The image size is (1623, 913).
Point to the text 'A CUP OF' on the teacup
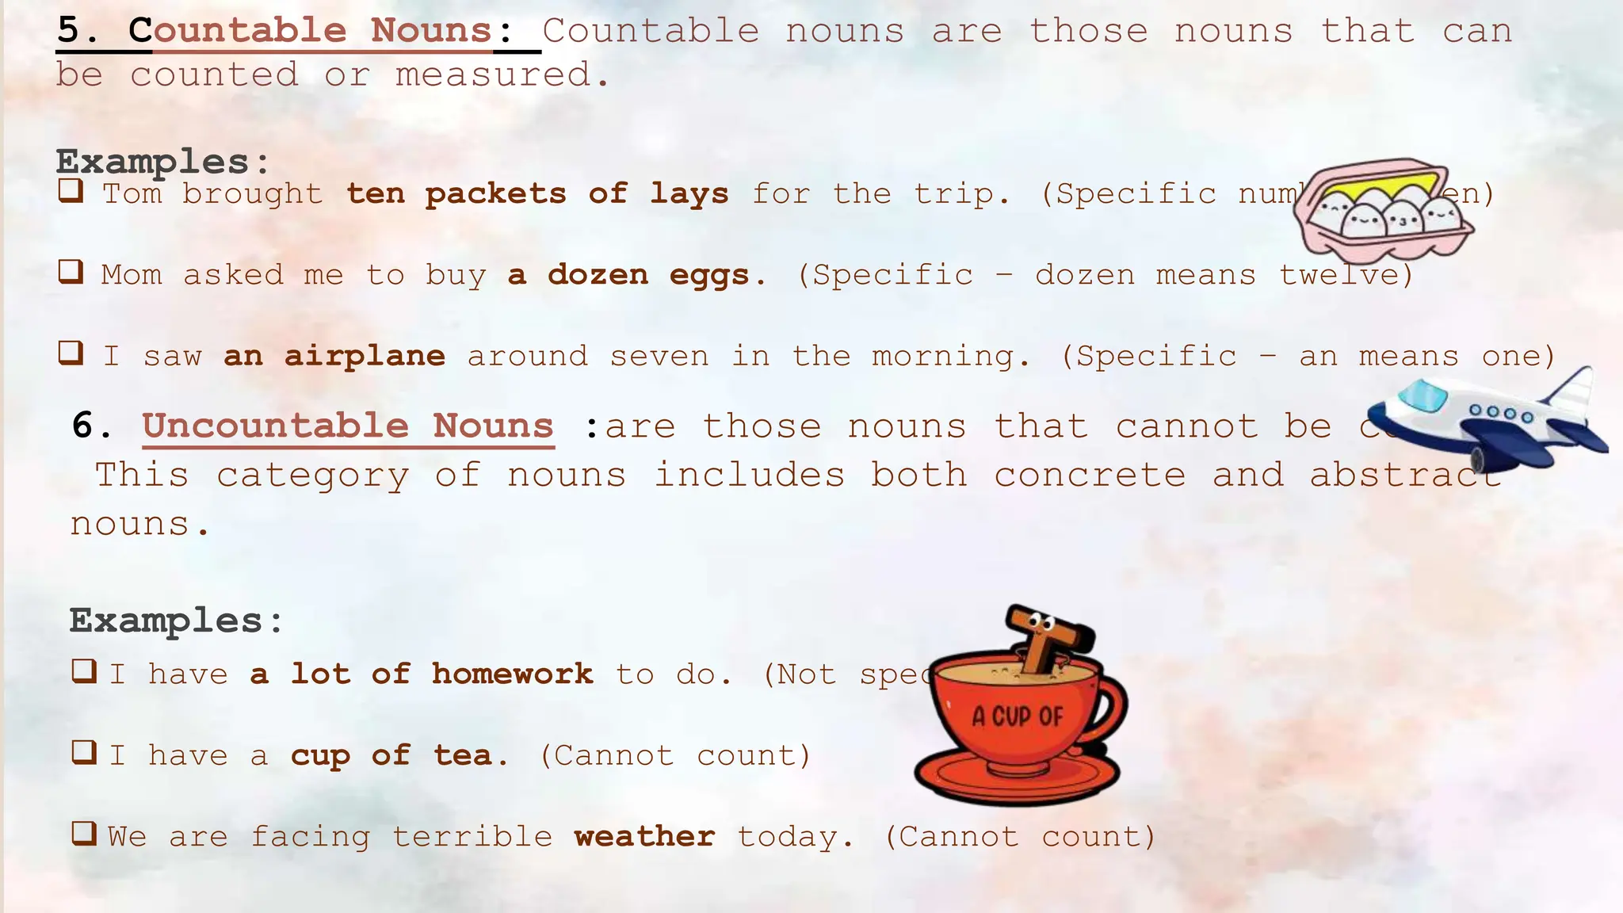pyautogui.click(x=1018, y=716)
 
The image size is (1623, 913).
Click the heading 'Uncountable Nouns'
pyautogui.click(x=348, y=426)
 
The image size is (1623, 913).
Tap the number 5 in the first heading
pyautogui.click(x=69, y=30)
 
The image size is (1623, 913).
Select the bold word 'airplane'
pyautogui.click(x=365, y=357)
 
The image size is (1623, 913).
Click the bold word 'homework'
pyautogui.click(x=512, y=674)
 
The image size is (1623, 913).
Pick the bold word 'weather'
pyautogui.click(x=644, y=837)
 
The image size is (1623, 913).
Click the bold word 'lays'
pyautogui.click(x=689, y=194)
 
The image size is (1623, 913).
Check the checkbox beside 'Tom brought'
pyautogui.click(x=71, y=191)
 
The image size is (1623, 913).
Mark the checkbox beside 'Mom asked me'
pyautogui.click(x=71, y=272)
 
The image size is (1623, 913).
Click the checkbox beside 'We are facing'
pyautogui.click(x=84, y=833)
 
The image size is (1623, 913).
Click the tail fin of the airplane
pyautogui.click(x=1572, y=388)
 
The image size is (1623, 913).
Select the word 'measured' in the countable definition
pyautogui.click(x=493, y=75)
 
